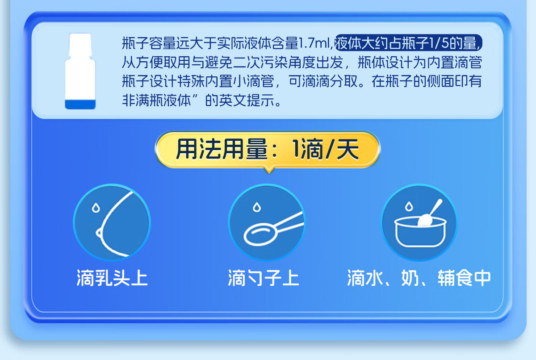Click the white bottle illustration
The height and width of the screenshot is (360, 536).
[x=80, y=71]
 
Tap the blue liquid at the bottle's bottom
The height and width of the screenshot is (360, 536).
[x=80, y=105]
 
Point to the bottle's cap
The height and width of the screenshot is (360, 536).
[x=80, y=45]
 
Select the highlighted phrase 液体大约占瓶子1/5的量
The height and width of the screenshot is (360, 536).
[x=408, y=43]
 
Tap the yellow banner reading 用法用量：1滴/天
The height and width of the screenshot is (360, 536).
[x=268, y=150]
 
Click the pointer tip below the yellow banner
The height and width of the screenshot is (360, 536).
[x=269, y=172]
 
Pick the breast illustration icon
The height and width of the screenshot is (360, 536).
[x=112, y=222]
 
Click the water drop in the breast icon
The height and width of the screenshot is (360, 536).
[x=96, y=208]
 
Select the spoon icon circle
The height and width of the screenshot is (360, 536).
[x=267, y=222]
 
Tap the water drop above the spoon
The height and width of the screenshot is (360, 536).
[x=257, y=207]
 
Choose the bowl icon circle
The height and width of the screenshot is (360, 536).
[x=419, y=222]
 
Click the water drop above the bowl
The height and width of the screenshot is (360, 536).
[x=409, y=206]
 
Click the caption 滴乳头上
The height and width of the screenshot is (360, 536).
[x=112, y=278]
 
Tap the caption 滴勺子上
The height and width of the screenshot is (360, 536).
[x=264, y=278]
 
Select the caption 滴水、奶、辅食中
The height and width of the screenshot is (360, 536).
[x=419, y=278]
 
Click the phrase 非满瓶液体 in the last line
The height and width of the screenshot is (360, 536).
[x=156, y=100]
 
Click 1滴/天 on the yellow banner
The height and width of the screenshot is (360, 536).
[x=326, y=149]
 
